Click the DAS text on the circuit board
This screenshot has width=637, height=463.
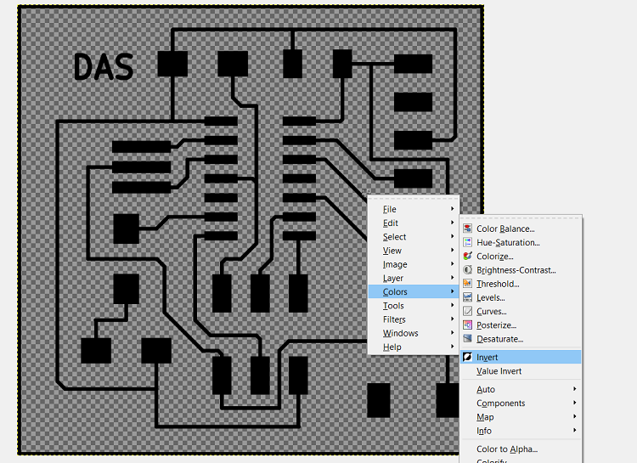point(104,66)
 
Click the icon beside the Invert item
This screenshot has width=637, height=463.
point(468,358)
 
